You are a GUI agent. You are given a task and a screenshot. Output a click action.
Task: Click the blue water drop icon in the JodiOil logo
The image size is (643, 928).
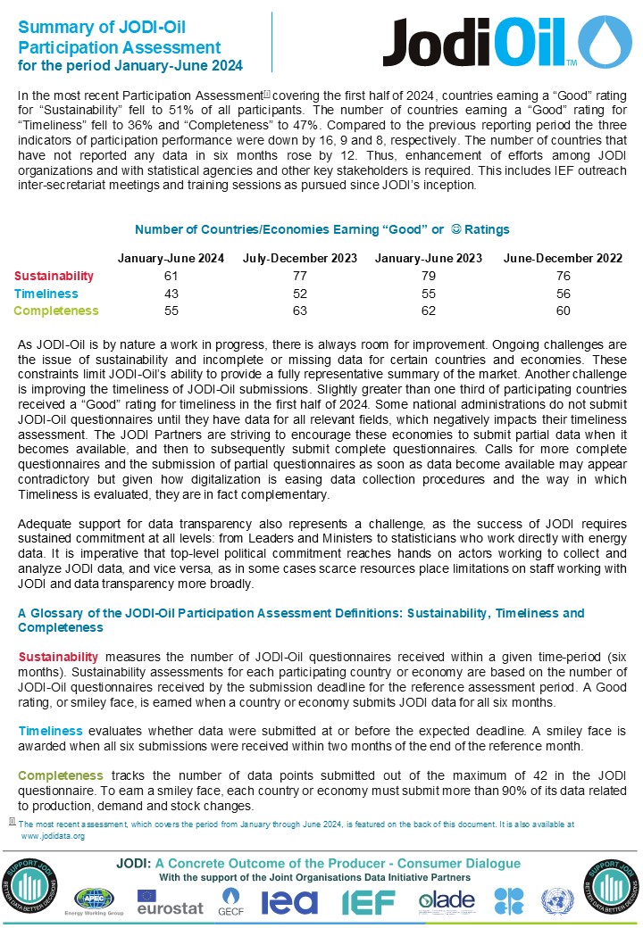[x=605, y=42]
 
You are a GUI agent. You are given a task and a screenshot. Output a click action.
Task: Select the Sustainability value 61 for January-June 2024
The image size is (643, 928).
[x=171, y=276]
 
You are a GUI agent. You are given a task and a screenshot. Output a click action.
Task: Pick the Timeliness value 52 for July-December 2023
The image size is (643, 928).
[x=300, y=294]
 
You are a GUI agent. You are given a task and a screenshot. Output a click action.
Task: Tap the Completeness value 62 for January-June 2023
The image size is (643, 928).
[x=429, y=311]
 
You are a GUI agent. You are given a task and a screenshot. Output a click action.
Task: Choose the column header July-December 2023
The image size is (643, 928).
[x=300, y=259]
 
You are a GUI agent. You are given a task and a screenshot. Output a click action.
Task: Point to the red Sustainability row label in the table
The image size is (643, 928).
[x=54, y=276]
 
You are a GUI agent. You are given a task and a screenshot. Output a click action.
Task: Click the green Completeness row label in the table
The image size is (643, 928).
[x=56, y=311]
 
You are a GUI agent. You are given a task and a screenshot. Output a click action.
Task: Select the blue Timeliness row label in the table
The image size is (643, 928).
[x=46, y=294]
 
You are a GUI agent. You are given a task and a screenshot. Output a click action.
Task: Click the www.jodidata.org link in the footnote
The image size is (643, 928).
[x=53, y=836]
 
